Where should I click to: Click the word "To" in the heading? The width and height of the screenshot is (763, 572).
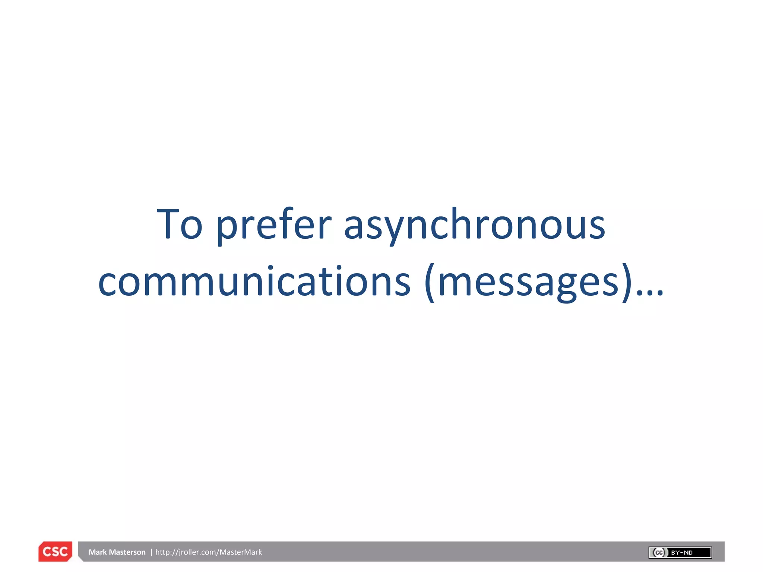pyautogui.click(x=180, y=224)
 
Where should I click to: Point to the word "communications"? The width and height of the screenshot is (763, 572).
pyautogui.click(x=254, y=282)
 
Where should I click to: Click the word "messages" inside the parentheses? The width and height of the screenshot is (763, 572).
pyautogui.click(x=528, y=282)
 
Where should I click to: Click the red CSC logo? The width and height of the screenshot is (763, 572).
pyautogui.click(x=55, y=552)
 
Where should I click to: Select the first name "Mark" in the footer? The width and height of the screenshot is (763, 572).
pyautogui.click(x=98, y=552)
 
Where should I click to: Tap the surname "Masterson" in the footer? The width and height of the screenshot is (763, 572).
pyautogui.click(x=127, y=552)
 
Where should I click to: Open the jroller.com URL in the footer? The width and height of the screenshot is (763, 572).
pyautogui.click(x=209, y=552)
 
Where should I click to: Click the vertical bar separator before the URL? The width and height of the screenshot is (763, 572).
pyautogui.click(x=151, y=552)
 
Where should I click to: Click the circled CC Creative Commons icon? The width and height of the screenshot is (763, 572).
pyautogui.click(x=659, y=553)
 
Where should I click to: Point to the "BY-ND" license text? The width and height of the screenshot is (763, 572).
pyautogui.click(x=681, y=553)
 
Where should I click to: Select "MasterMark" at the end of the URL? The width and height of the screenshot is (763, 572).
pyautogui.click(x=241, y=552)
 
